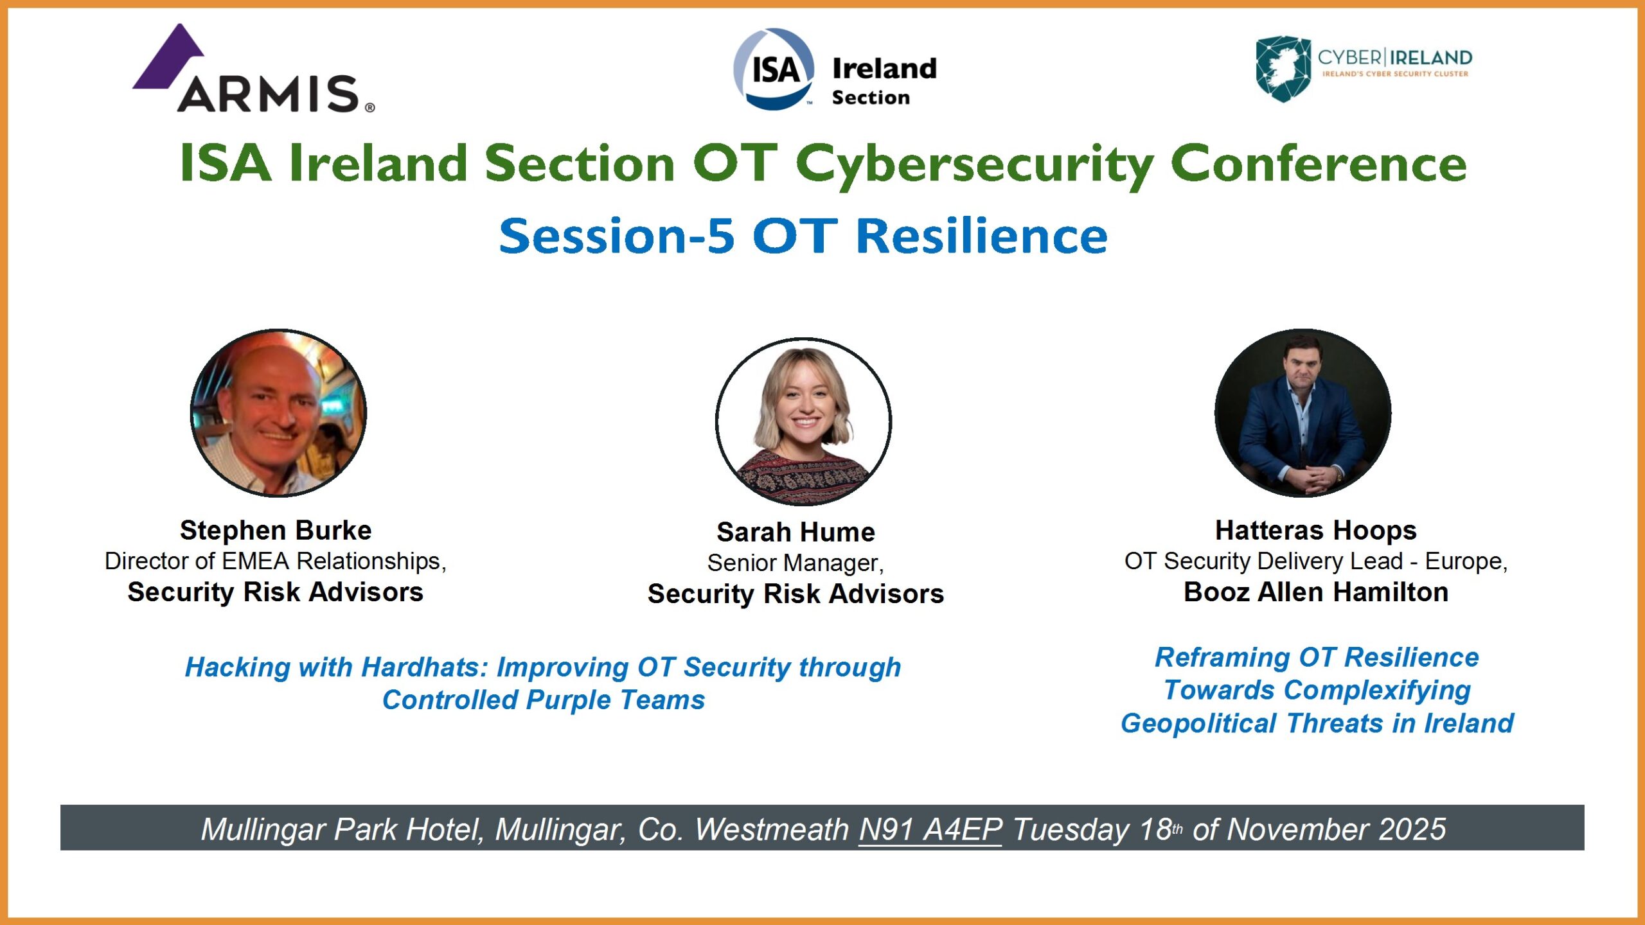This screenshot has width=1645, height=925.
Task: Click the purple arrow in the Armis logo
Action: pos(168,58)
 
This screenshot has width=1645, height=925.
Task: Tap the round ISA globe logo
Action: pos(774,69)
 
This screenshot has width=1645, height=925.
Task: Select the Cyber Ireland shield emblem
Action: pos(1283,69)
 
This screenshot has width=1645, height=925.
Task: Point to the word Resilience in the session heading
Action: pos(982,236)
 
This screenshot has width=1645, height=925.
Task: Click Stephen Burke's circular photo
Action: pos(278,413)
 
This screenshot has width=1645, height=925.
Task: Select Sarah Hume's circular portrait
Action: pos(803,421)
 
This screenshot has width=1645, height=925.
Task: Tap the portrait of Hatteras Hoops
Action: pos(1303,413)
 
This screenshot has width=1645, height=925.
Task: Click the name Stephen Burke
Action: pos(276,531)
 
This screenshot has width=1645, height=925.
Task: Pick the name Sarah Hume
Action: pos(796,533)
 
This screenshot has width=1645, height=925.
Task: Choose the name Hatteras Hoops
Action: pos(1315,531)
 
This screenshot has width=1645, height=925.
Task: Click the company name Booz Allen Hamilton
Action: pos(1315,592)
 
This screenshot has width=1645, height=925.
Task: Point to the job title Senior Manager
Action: pos(796,563)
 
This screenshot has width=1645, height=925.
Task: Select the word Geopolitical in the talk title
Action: pos(1198,724)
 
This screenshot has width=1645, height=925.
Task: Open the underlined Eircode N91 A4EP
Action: pos(930,830)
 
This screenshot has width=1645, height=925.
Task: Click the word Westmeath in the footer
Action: pos(771,830)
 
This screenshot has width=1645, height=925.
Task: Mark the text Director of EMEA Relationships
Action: pos(275,561)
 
